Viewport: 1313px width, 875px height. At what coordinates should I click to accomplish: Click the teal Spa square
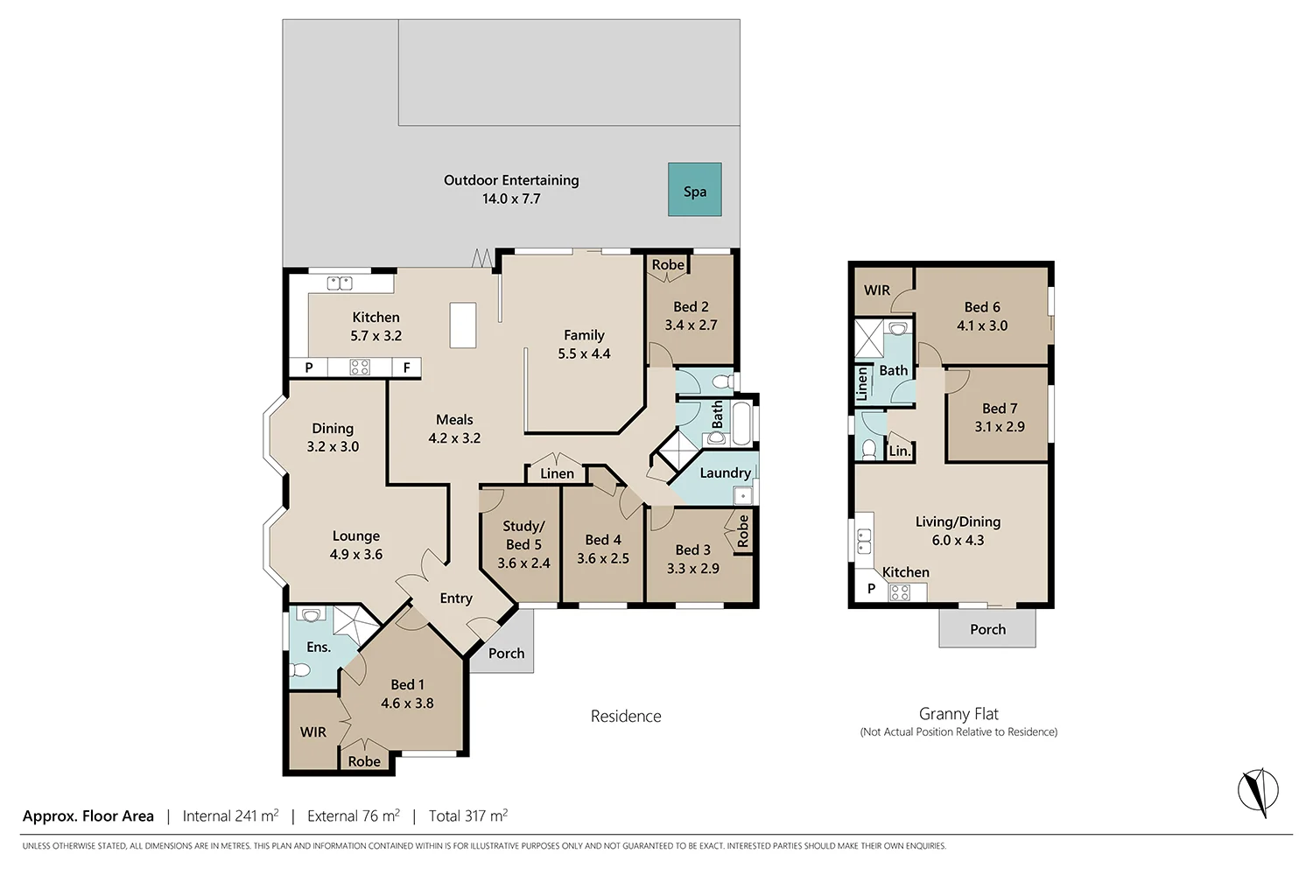[695, 189]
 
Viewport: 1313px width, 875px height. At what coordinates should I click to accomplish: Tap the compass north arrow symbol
[1258, 791]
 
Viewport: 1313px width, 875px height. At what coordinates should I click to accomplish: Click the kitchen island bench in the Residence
[462, 325]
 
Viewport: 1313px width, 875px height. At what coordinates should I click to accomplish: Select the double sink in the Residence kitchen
[340, 283]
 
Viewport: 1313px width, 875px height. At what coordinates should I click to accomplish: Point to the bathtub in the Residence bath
[741, 423]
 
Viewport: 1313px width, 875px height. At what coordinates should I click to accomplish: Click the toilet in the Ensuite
[300, 670]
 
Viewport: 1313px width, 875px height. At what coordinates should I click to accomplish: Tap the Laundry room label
[725, 473]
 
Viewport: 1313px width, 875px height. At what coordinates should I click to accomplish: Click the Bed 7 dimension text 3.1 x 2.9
[1000, 427]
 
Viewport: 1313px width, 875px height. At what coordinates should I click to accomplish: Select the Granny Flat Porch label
[987, 629]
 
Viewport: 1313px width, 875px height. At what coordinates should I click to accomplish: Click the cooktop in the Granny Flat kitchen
[900, 592]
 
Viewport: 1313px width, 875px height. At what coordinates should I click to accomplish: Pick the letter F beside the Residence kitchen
[406, 367]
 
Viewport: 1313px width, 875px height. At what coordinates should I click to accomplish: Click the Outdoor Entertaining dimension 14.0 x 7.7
[511, 199]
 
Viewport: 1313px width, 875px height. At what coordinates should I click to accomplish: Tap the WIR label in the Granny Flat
[877, 290]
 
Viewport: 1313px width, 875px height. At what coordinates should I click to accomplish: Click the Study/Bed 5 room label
[523, 535]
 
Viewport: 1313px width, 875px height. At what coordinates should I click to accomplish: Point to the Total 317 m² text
[468, 815]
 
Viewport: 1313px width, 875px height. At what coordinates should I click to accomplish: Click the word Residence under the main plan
[626, 716]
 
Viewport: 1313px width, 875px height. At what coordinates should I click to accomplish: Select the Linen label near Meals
[557, 473]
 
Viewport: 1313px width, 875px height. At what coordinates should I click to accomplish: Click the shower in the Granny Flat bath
[868, 339]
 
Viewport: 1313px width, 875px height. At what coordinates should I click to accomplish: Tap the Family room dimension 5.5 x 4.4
[584, 354]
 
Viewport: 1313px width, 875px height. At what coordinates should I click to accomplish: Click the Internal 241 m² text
[230, 815]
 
